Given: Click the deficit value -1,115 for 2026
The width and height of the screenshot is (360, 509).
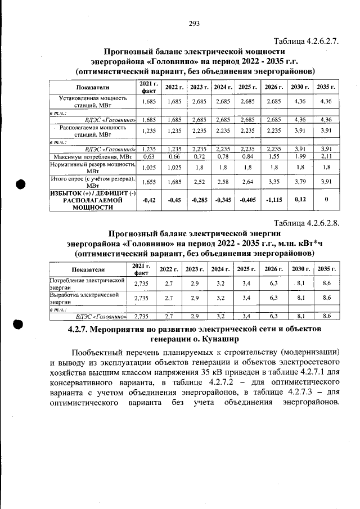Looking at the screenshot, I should click(274, 200).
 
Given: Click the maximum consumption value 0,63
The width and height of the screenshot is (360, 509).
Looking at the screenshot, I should click(149, 157).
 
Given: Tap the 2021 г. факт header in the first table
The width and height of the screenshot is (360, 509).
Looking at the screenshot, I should click(149, 87).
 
